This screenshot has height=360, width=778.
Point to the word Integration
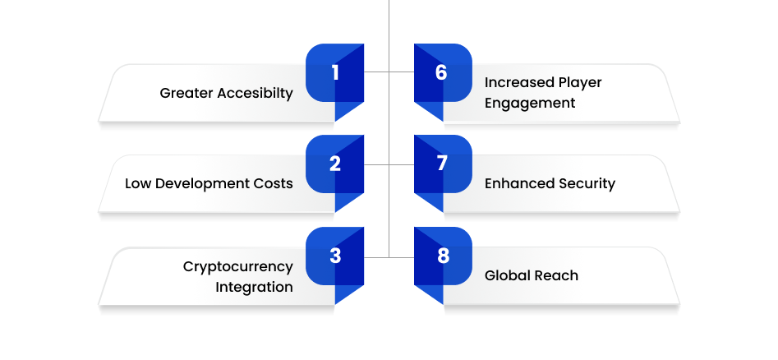point(254,288)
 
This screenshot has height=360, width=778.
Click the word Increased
point(519,82)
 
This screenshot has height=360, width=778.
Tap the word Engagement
point(530,104)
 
